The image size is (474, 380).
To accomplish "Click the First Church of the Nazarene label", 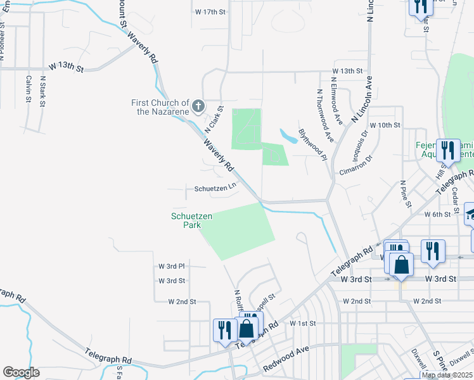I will (x=160, y=107).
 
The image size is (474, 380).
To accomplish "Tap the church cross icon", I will (x=198, y=106).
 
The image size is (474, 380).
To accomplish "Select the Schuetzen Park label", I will (x=191, y=220).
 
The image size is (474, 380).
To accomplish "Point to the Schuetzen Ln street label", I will (x=215, y=188).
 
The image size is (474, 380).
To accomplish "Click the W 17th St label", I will (x=210, y=12).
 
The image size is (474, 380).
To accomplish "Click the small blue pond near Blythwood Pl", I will (x=286, y=135).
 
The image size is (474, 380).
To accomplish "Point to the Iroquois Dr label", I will (x=355, y=146).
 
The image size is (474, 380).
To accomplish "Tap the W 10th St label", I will (x=385, y=125).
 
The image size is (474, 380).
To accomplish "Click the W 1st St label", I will (x=302, y=323).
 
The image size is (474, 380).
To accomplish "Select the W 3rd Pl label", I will (x=172, y=266).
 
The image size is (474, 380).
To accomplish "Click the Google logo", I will (x=21, y=372).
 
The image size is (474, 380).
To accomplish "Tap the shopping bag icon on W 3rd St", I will (x=402, y=265).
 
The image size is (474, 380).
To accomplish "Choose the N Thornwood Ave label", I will (x=325, y=114).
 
